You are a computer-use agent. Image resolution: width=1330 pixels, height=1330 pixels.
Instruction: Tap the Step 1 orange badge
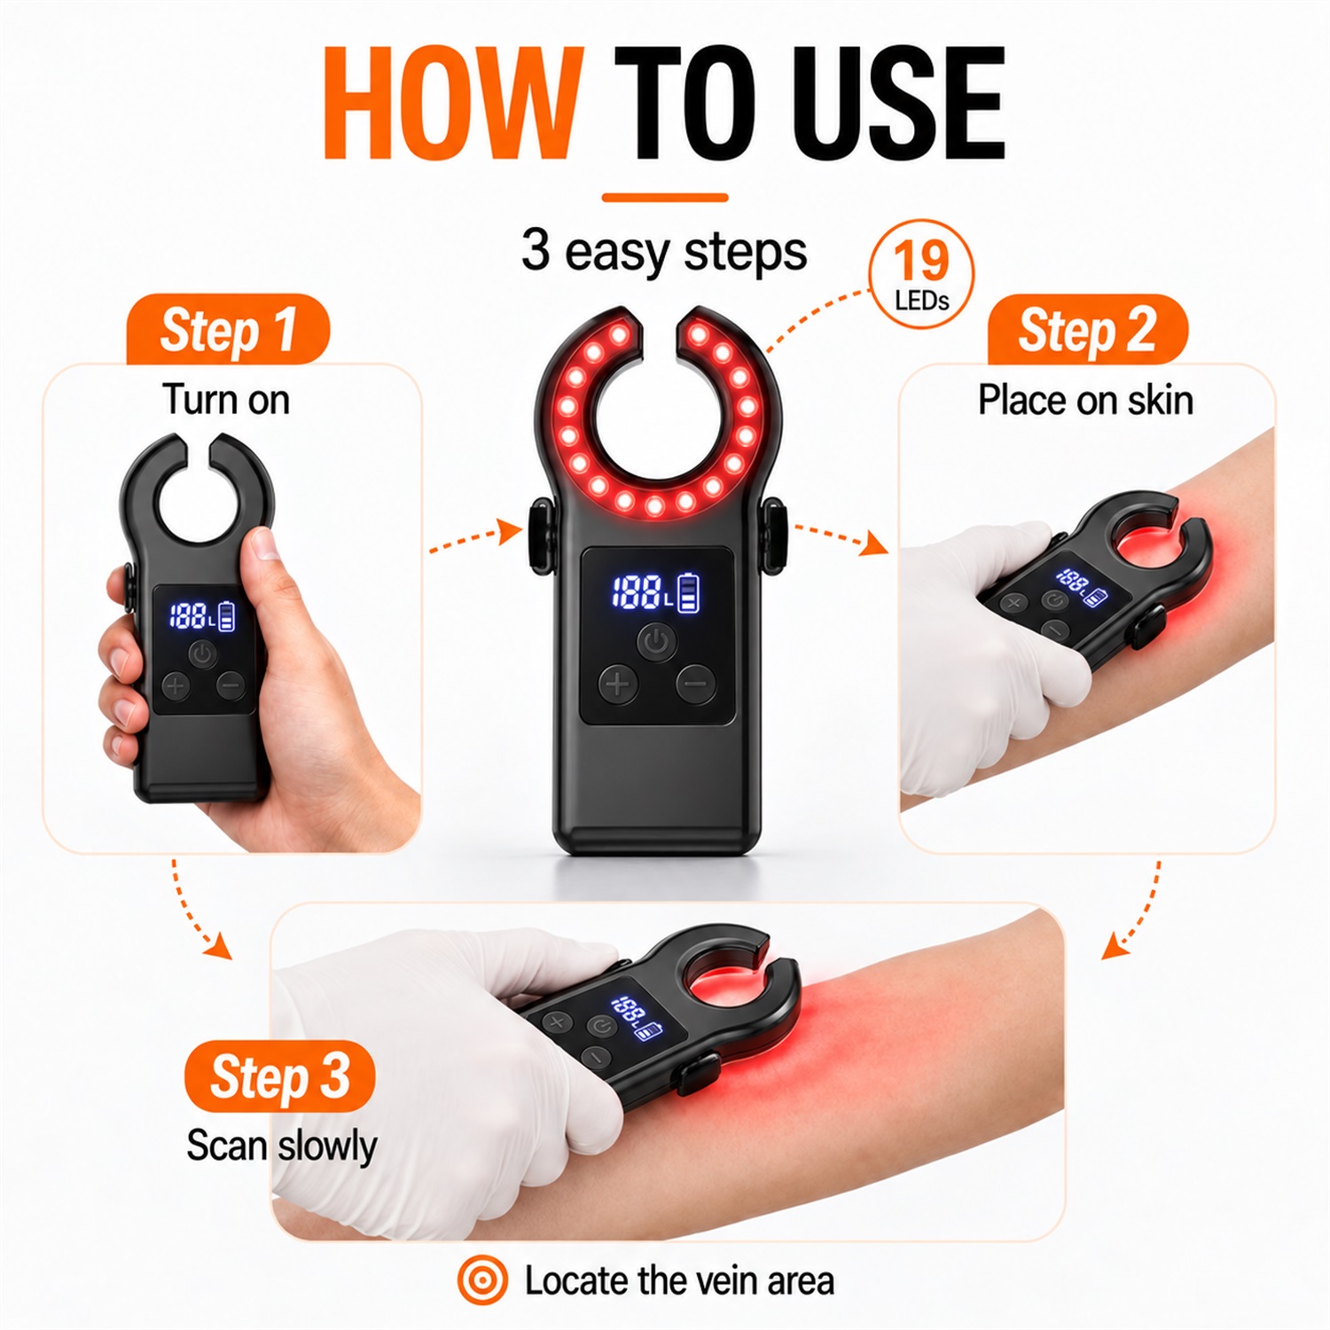click(x=228, y=330)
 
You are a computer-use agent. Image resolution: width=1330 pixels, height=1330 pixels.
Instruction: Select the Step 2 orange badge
click(x=1087, y=330)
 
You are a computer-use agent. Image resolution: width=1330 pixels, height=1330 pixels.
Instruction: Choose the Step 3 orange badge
click(x=279, y=1076)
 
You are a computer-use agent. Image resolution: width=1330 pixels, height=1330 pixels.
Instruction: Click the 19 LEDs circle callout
click(x=922, y=275)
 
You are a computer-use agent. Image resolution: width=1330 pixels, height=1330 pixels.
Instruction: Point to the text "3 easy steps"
click(x=664, y=251)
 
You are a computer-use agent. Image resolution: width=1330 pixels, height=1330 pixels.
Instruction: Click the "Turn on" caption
click(x=226, y=400)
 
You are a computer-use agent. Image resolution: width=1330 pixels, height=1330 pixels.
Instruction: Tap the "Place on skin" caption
click(x=1085, y=401)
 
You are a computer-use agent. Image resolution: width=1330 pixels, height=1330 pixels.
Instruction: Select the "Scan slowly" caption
click(x=281, y=1146)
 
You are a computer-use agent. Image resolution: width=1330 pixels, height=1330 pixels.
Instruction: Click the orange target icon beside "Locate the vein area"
click(x=482, y=1280)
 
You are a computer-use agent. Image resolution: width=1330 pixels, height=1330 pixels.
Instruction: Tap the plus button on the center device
click(x=618, y=684)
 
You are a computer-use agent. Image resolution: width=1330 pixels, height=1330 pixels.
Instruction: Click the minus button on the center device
click(x=696, y=684)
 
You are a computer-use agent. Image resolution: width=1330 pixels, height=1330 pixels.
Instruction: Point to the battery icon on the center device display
click(x=689, y=593)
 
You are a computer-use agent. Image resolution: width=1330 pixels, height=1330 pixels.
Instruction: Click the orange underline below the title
click(x=665, y=198)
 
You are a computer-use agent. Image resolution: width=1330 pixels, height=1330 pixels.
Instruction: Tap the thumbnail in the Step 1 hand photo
click(x=263, y=544)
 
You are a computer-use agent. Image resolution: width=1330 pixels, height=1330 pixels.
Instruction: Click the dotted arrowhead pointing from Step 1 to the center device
click(x=510, y=532)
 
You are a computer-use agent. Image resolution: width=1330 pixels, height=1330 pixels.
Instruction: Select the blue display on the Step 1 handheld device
click(x=203, y=615)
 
